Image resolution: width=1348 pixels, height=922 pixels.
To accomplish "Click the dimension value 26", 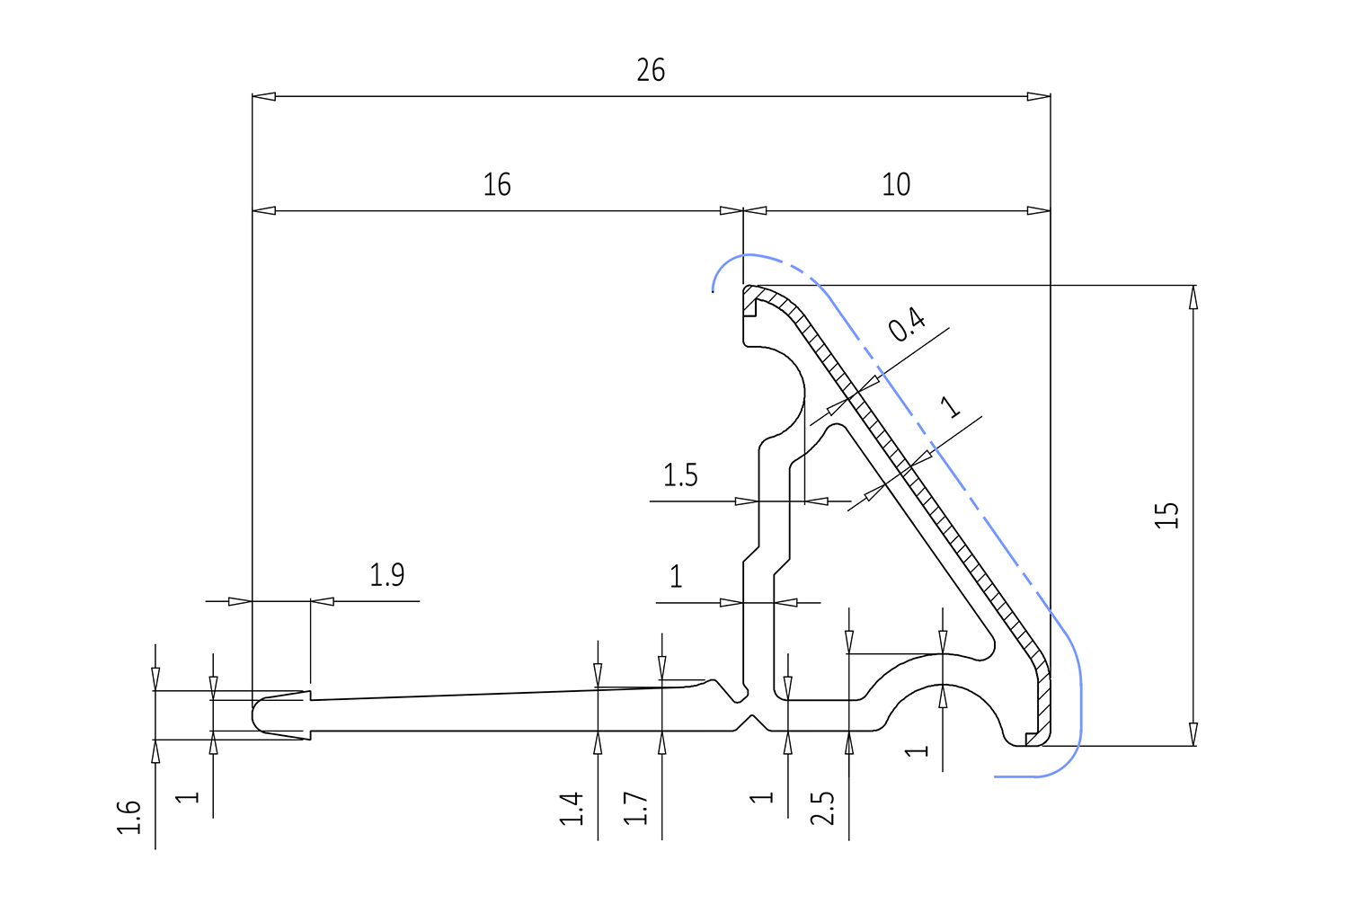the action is (651, 70).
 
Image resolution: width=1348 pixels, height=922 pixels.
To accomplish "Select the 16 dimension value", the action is (497, 185).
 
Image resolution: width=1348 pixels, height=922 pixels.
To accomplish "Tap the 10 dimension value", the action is (896, 185).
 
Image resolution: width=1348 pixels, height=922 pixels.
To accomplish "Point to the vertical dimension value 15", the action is (1166, 515).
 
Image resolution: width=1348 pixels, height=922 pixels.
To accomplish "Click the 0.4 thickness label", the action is (907, 324).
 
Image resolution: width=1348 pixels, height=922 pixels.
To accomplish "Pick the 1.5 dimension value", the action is (680, 475).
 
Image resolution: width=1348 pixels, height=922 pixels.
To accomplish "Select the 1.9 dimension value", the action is (386, 575).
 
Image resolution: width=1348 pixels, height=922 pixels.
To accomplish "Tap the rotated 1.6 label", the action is (129, 818).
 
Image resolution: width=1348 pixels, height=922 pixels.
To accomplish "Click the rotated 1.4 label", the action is (571, 809).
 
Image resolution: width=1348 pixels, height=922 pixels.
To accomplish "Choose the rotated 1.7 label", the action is (634, 809).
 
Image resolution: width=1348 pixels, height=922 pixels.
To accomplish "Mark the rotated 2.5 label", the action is (822, 808).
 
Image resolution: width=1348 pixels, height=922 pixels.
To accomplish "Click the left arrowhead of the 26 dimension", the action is (263, 96).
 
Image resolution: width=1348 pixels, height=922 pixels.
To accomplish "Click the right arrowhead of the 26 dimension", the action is (1039, 96).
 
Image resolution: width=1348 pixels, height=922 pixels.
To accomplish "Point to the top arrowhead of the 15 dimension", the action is (1193, 297).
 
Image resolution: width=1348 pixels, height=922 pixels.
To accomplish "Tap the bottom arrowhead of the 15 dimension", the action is (1193, 734).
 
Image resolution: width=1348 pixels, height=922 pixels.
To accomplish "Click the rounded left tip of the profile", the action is (253, 715).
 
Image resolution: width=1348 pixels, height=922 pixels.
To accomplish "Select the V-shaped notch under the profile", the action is (752, 723).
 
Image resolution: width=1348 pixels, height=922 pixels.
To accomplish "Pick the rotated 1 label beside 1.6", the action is (187, 798).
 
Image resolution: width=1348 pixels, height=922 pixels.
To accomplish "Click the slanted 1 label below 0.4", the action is (950, 407).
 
